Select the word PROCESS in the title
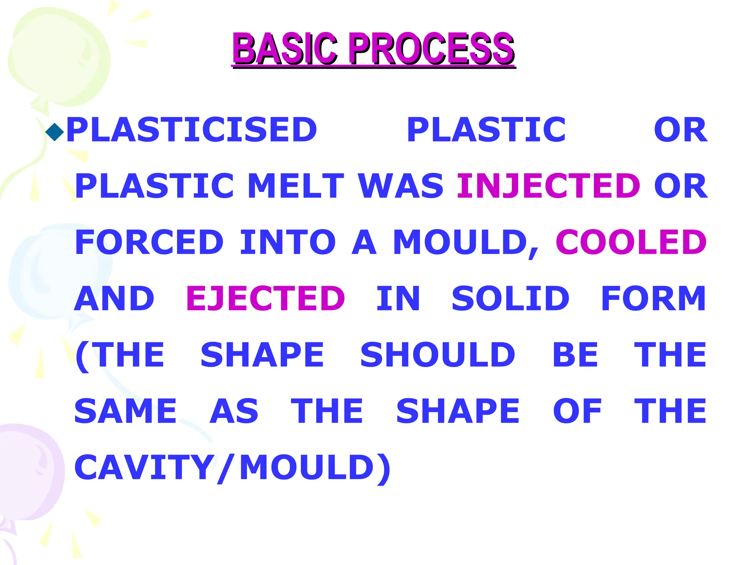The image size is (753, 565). tap(432, 49)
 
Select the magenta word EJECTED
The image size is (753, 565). tap(265, 298)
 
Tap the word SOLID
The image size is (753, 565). tap(510, 298)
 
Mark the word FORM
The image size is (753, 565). tap(653, 298)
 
